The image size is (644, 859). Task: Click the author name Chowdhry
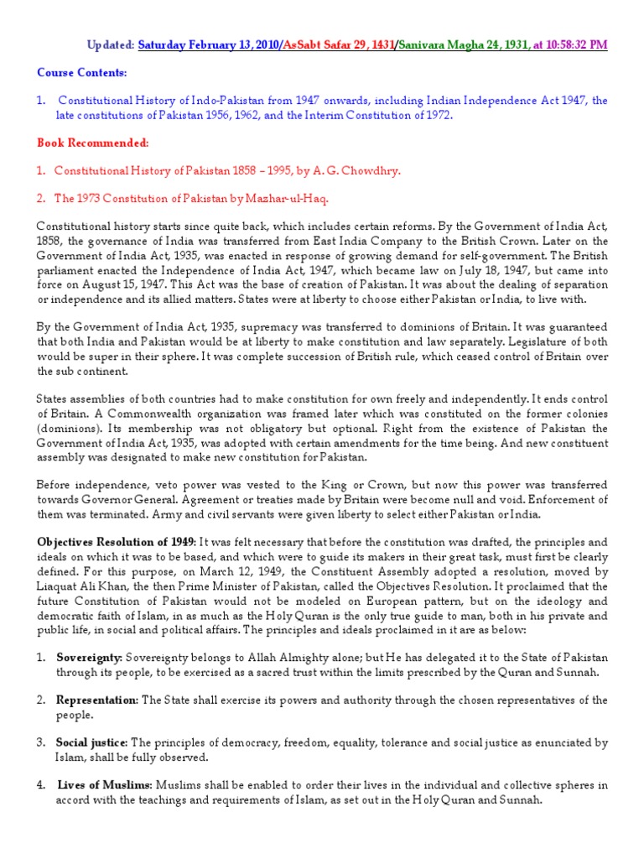(371, 170)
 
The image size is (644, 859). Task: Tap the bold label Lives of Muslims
(104, 786)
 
